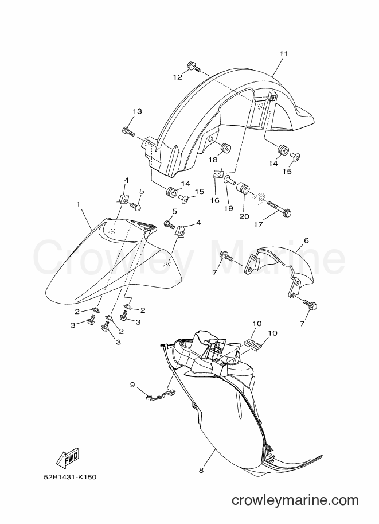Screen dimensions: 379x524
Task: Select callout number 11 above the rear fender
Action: pyautogui.click(x=284, y=53)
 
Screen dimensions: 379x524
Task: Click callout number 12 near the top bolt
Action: pyautogui.click(x=178, y=77)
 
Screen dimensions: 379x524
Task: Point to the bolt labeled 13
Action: pyautogui.click(x=128, y=131)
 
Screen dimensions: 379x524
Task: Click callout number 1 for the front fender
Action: pyautogui.click(x=79, y=204)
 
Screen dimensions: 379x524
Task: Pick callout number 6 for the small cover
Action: pyautogui.click(x=307, y=240)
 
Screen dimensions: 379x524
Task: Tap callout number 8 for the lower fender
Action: pyautogui.click(x=201, y=470)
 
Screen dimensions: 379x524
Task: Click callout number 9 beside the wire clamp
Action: pyautogui.click(x=132, y=385)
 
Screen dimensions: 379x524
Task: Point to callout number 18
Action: pyautogui.click(x=213, y=160)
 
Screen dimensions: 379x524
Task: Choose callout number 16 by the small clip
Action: pyautogui.click(x=214, y=200)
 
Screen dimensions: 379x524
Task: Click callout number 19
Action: pyautogui.click(x=228, y=208)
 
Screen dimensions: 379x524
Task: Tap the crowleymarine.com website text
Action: pyautogui.click(x=295, y=500)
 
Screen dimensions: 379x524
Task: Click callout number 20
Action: pyautogui.click(x=244, y=216)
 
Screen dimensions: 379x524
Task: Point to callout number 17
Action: pyautogui.click(x=258, y=224)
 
